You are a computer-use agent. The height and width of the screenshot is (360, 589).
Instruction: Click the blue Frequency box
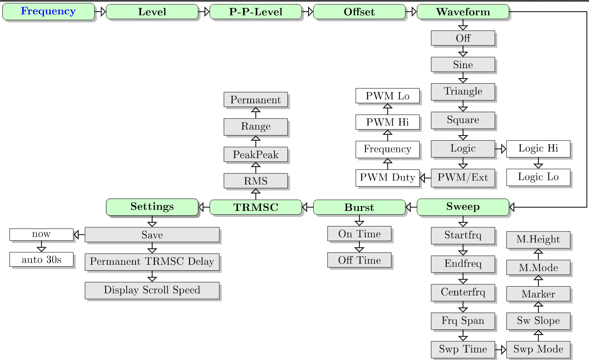(48, 12)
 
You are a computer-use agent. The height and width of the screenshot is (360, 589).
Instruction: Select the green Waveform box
(463, 12)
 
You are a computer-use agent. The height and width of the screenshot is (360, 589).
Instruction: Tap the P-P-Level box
(255, 12)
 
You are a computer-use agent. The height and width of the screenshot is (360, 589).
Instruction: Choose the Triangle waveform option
(463, 92)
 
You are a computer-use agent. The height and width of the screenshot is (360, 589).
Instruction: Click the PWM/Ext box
(463, 178)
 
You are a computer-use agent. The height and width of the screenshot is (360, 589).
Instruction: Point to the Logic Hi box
(538, 149)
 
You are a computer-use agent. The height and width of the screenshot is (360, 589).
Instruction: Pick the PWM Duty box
(387, 178)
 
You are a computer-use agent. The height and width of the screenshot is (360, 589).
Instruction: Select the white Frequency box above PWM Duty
(387, 149)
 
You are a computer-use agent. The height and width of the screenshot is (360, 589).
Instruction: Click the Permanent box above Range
(255, 100)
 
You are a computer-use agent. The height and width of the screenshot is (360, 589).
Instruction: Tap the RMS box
(255, 181)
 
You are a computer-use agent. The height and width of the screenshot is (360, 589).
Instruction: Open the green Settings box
(152, 207)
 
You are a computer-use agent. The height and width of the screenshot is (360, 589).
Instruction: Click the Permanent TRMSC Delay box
(152, 262)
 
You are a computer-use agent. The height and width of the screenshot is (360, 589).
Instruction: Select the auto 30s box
(41, 260)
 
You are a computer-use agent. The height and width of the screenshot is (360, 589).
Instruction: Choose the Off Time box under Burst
(359, 260)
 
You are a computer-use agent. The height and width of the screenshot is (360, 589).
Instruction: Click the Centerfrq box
(463, 292)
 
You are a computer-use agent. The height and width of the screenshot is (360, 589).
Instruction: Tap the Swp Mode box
(538, 349)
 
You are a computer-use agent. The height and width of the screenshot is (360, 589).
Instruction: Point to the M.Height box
(538, 240)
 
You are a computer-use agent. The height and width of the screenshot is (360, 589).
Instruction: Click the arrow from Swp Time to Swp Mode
(501, 350)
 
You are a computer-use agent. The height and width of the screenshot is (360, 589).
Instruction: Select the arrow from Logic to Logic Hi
(501, 149)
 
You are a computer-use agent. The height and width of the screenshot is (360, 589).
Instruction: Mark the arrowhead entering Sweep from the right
(512, 207)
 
